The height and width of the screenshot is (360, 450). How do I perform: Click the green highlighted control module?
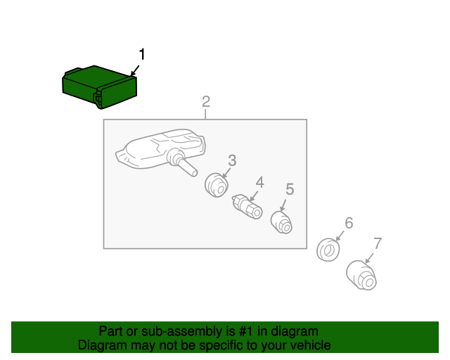99,87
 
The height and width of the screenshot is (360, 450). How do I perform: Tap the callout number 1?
142,54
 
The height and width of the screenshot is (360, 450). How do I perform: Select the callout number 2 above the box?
206,102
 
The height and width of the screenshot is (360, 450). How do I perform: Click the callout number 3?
232,160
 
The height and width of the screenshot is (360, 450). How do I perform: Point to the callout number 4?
259,182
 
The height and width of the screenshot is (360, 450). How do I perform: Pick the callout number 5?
290,189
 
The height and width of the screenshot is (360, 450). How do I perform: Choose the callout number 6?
349,223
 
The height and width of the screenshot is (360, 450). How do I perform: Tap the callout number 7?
378,243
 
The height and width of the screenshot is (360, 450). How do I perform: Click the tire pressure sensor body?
161,150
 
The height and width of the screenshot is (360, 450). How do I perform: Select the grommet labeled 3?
217,185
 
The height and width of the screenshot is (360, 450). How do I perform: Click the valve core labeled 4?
247,207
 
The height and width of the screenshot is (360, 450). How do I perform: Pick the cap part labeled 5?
281,222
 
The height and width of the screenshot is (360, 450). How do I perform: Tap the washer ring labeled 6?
328,250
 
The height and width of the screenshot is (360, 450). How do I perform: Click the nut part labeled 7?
361,275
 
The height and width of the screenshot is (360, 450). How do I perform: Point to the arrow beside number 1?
135,70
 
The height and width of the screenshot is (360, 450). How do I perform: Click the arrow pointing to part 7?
369,258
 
